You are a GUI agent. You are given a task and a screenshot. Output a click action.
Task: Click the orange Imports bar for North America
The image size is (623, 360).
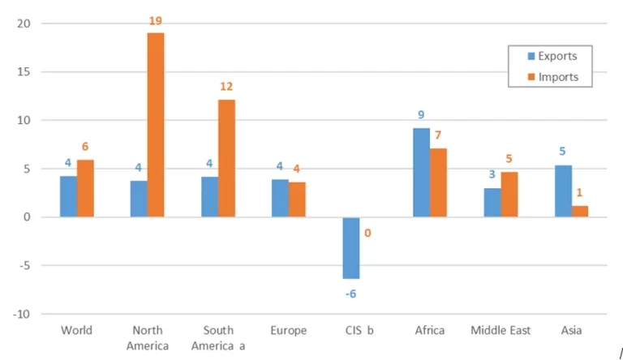click(155, 125)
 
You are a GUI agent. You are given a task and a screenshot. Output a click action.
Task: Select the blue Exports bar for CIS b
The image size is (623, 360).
click(350, 248)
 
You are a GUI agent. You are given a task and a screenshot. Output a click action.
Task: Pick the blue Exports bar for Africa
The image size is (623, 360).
click(421, 173)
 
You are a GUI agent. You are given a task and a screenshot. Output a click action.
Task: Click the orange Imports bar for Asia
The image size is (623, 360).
click(580, 212)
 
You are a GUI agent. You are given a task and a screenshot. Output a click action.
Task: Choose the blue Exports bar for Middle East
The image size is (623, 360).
click(492, 203)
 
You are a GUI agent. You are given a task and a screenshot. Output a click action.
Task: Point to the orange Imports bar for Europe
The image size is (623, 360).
click(297, 199)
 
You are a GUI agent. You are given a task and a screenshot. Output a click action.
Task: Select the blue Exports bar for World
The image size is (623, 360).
click(69, 196)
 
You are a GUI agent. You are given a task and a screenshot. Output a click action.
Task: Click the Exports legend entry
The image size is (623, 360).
click(551, 57)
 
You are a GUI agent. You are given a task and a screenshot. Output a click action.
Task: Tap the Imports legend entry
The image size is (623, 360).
click(551, 78)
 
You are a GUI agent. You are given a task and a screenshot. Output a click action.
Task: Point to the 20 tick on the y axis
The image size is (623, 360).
click(24, 24)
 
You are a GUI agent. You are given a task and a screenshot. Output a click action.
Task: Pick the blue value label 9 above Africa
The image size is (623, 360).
click(421, 115)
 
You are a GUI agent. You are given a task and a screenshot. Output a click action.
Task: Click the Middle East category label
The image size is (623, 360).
click(501, 331)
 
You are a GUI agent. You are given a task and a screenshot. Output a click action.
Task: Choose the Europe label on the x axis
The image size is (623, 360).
click(289, 331)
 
